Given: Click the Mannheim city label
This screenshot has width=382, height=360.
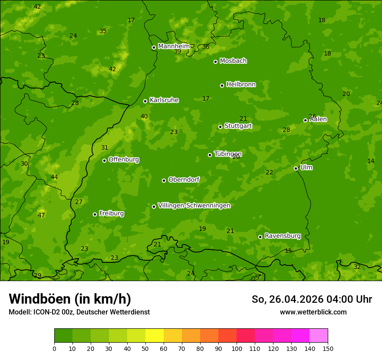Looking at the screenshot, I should [x=174, y=46].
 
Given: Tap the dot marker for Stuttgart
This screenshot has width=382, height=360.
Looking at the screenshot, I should [x=220, y=127].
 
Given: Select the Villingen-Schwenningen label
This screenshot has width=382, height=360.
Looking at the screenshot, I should [x=194, y=206].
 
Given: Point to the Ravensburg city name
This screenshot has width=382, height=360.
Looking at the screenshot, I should [x=282, y=236].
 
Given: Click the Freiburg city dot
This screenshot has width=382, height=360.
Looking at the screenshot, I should [x=95, y=214].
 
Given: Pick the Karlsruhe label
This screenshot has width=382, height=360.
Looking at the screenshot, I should [x=164, y=100].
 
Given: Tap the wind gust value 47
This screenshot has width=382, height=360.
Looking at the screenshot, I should [x=41, y=215].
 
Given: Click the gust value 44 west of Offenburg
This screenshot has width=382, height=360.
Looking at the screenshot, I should [x=54, y=177].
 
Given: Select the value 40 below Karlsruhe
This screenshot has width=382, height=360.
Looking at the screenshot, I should [x=144, y=116].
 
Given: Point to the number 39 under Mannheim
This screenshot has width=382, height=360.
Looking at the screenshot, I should [x=178, y=51].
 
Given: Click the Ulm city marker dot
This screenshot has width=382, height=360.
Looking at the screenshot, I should [x=296, y=168].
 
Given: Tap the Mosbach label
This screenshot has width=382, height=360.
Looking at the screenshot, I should [x=233, y=61].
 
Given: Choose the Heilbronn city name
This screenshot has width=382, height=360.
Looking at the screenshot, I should [x=241, y=85].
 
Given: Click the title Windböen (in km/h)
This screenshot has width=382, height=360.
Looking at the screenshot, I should [x=70, y=299].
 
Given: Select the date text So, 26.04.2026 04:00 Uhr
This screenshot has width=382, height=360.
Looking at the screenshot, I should [x=312, y=299].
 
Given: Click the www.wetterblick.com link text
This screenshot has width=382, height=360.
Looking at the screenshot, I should [x=313, y=312].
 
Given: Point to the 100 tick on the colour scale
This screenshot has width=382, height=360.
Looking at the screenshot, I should [x=237, y=348].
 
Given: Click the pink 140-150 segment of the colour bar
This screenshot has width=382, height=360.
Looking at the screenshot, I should [x=318, y=336].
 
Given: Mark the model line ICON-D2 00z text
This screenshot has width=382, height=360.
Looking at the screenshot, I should [x=79, y=312].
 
